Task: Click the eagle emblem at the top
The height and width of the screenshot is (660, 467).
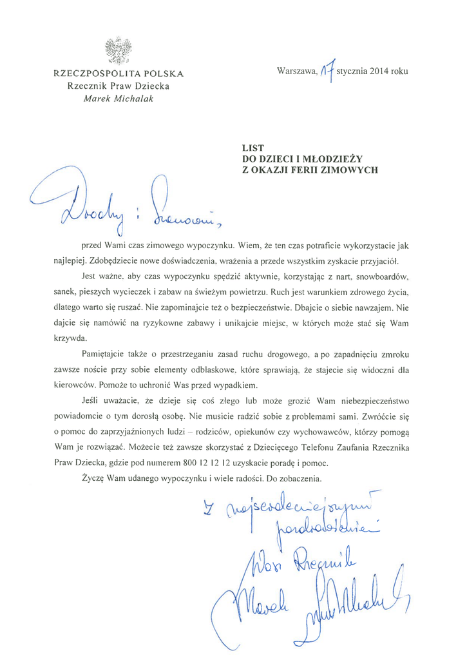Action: click(119, 51)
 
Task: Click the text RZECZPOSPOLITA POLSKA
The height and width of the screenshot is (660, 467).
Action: click(119, 73)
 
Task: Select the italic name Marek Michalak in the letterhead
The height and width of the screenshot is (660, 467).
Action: click(119, 99)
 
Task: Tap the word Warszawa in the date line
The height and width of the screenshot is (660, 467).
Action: click(297, 72)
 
